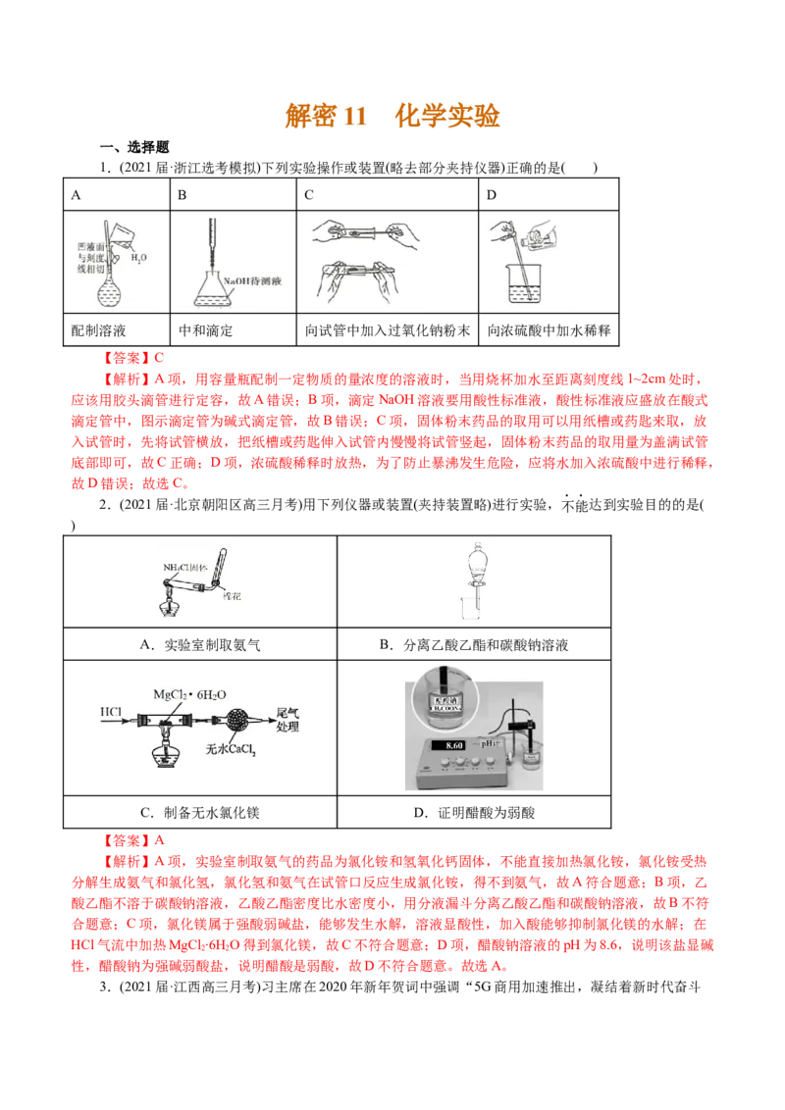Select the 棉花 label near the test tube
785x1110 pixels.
pos(232,594)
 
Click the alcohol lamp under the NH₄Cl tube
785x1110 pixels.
pos(170,607)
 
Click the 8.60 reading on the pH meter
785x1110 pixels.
pos(454,746)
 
